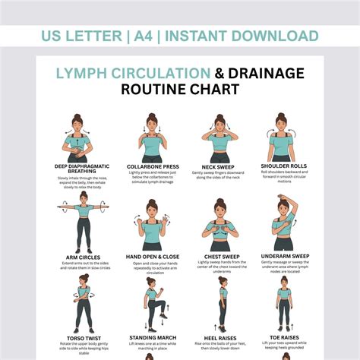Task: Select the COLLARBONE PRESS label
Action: pos(152,166)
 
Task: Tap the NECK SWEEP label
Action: pos(219,166)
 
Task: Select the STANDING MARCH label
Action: pos(152,337)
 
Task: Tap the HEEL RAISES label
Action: pos(219,337)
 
